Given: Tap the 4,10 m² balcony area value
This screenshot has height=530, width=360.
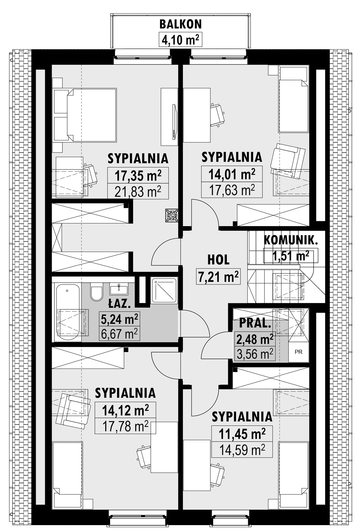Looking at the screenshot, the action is pyautogui.click(x=180, y=40).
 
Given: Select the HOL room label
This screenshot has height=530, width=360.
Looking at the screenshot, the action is pyautogui.click(x=218, y=260).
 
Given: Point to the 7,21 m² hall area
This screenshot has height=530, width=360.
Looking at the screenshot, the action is pyautogui.click(x=218, y=276).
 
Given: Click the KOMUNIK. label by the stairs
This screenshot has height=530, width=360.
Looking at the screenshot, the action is pyautogui.click(x=291, y=241).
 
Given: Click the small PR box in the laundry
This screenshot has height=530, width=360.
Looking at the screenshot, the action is pyautogui.click(x=299, y=352).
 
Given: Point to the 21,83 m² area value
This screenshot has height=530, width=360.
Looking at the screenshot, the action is pyautogui.click(x=138, y=191).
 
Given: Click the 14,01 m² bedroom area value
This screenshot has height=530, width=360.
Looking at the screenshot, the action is pyautogui.click(x=232, y=174).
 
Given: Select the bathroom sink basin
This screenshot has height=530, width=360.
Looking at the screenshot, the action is pyautogui.click(x=118, y=289).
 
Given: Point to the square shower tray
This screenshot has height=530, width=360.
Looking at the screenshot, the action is pyautogui.click(x=164, y=290).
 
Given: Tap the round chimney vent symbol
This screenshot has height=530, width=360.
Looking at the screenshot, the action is pyautogui.click(x=172, y=215).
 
